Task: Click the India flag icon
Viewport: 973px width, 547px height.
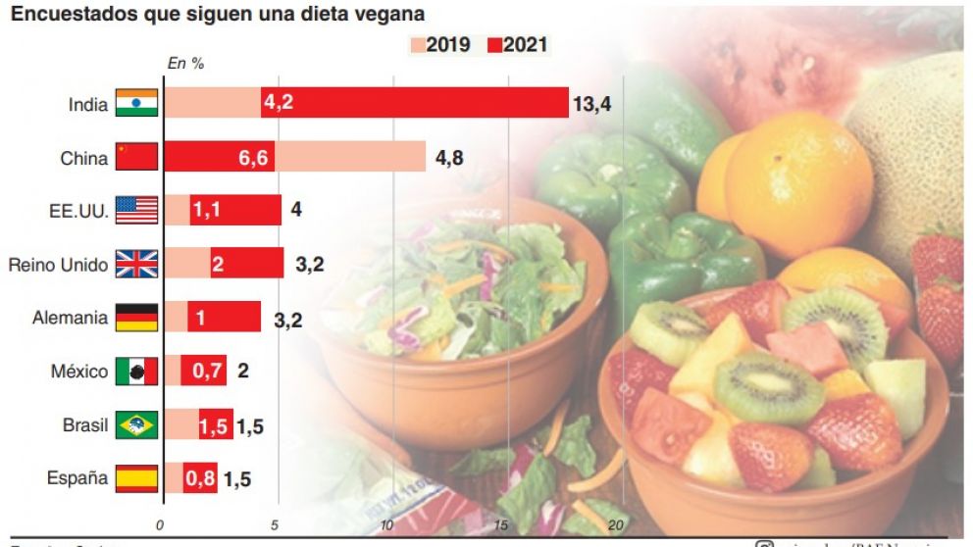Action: click(x=135, y=104)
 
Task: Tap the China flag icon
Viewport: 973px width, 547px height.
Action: click(x=135, y=157)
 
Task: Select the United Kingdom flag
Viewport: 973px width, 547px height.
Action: click(x=135, y=264)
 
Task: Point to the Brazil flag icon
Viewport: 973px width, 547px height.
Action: click(x=135, y=425)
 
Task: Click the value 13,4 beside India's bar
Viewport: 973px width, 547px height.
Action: click(x=591, y=104)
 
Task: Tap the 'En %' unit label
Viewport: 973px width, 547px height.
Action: click(x=185, y=64)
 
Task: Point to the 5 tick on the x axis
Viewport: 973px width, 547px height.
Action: click(x=275, y=524)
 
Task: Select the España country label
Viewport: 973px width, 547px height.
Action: click(x=77, y=478)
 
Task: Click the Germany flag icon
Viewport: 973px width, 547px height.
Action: click(x=135, y=318)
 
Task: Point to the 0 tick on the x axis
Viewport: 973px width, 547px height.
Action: click(x=162, y=524)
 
